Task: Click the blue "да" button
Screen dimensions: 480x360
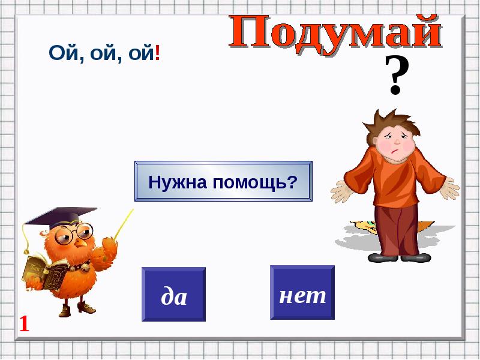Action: click(x=173, y=294)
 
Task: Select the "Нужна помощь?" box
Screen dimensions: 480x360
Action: click(x=223, y=181)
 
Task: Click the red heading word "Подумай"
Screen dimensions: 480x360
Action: click(x=335, y=34)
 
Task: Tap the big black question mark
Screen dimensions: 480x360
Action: click(x=396, y=75)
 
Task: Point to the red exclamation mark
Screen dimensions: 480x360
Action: click(x=157, y=53)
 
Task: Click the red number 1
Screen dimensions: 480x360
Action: click(x=24, y=324)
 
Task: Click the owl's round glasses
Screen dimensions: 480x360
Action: click(x=74, y=233)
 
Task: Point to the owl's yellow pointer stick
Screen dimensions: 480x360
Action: click(x=124, y=224)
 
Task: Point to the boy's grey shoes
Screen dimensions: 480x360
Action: click(x=399, y=258)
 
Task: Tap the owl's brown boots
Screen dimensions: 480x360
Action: click(x=77, y=308)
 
